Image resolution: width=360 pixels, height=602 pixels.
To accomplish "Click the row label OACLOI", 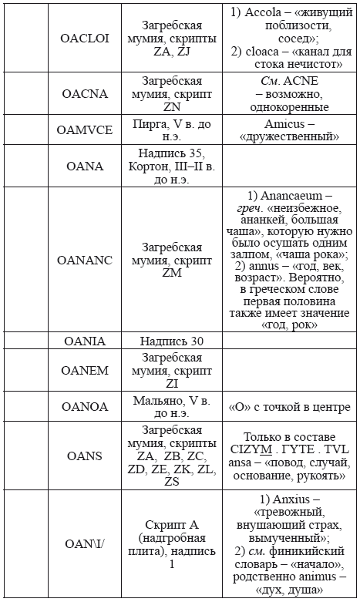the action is pos(85,38).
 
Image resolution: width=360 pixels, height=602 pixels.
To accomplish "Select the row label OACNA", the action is pos(85,92).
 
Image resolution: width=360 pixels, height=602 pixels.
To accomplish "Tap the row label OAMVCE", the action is pos(85,129).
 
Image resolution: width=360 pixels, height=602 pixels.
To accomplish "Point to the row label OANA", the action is pos(85,166).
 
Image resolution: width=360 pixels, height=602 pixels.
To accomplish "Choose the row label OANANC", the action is pos(85,260).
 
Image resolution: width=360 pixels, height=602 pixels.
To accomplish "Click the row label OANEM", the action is pos(85,371).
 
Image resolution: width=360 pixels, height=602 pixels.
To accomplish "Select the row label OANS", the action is pos(85,456).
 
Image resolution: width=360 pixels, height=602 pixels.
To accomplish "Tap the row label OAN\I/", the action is pos(85,544).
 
